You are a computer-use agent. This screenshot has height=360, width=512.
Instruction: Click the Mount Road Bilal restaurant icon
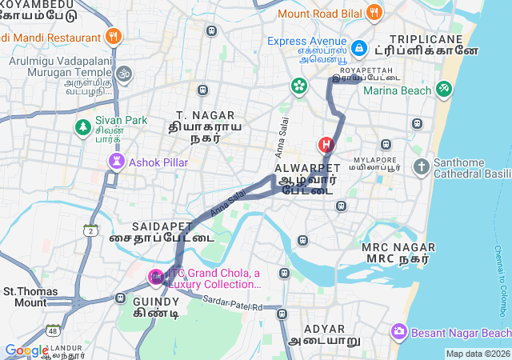[x=374, y=13]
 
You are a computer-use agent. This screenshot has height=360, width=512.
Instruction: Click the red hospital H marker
[x=326, y=145]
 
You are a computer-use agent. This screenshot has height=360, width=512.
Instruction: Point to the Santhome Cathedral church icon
[x=422, y=167]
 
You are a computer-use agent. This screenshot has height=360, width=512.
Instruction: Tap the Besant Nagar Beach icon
[x=398, y=331]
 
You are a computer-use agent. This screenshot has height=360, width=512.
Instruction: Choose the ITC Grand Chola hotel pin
[x=156, y=278]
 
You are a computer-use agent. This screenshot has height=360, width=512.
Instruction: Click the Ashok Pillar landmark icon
[x=117, y=162]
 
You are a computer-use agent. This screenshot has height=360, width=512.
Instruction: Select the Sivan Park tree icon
[x=82, y=126]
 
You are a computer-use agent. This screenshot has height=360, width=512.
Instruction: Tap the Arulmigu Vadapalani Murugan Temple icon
[x=122, y=74]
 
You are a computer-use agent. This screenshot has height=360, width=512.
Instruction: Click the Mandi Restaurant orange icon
[x=113, y=37]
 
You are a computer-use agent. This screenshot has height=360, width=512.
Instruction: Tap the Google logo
[x=26, y=350]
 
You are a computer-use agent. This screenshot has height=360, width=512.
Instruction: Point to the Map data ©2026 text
[x=477, y=354]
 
